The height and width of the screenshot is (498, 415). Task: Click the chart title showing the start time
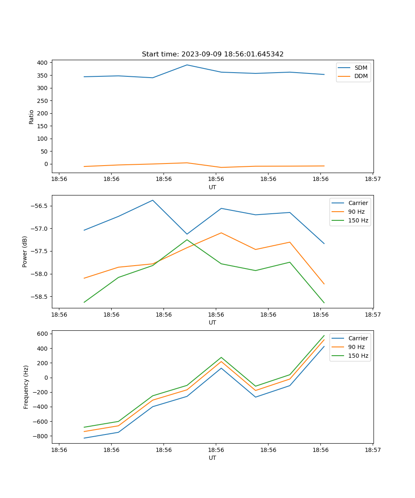tap(212, 54)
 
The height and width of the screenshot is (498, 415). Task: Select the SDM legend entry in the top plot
tap(361, 68)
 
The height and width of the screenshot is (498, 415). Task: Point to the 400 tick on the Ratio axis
tap(42, 63)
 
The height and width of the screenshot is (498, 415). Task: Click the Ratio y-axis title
tap(32, 117)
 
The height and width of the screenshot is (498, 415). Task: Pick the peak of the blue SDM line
tap(187, 65)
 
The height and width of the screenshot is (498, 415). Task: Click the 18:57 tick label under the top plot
tap(372, 179)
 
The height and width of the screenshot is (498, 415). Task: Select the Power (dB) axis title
tap(25, 251)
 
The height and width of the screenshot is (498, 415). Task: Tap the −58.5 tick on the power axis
tap(39, 297)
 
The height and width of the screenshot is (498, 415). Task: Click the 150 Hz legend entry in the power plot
tap(358, 220)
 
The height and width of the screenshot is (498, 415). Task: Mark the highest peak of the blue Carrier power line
tap(153, 200)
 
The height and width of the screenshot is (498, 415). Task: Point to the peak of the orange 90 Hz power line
tap(221, 233)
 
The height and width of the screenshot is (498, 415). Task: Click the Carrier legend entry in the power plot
tap(358, 203)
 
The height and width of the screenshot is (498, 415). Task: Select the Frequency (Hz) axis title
tap(26, 387)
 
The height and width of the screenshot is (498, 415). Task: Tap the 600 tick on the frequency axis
tap(42, 334)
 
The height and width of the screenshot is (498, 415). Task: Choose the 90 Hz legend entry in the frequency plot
tap(358, 347)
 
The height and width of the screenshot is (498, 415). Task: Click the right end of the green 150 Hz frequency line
tap(324, 335)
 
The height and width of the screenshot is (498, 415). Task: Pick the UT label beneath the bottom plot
tap(212, 458)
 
